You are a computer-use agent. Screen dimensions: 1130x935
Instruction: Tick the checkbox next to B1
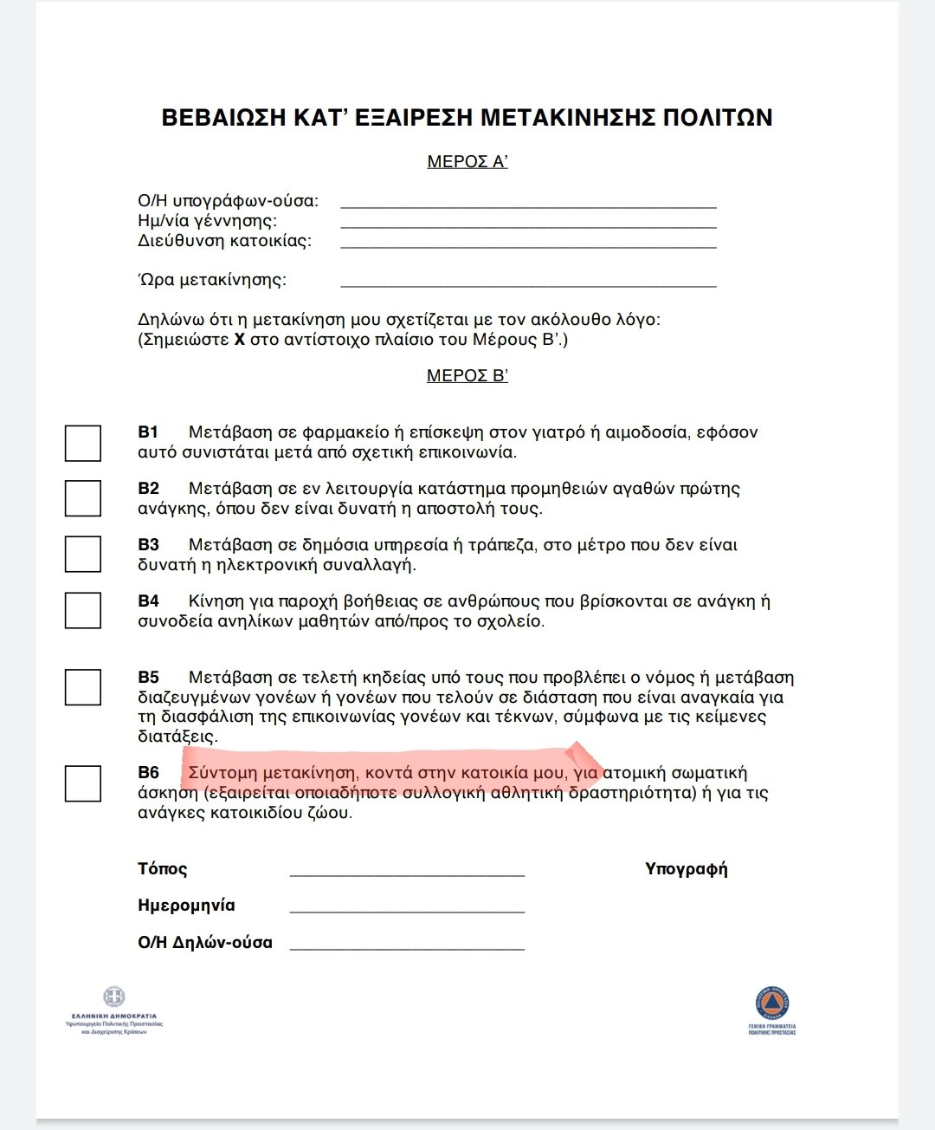click(x=83, y=443)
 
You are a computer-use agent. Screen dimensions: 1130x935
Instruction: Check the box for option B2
click(x=83, y=498)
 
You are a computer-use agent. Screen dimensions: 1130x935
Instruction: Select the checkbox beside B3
click(x=83, y=554)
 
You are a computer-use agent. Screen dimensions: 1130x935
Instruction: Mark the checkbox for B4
click(x=83, y=610)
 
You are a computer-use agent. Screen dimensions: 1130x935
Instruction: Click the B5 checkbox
click(x=83, y=687)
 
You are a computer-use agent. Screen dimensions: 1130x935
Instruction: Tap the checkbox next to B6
click(x=83, y=783)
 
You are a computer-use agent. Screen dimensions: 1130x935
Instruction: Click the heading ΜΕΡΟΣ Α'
click(x=467, y=162)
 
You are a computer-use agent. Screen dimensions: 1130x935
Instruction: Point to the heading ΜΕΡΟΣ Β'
click(x=467, y=376)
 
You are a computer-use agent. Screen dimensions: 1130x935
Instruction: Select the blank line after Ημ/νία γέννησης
click(x=528, y=225)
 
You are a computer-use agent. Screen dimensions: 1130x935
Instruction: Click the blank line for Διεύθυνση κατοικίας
click(x=528, y=245)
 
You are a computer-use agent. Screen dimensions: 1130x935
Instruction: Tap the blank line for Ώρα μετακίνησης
click(x=528, y=283)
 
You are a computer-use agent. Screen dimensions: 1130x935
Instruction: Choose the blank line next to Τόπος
click(x=407, y=873)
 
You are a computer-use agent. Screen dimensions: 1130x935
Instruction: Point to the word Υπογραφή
click(x=687, y=869)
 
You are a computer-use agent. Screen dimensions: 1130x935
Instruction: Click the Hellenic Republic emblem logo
click(x=114, y=997)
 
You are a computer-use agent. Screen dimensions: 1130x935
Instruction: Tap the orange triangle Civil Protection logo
click(x=772, y=1003)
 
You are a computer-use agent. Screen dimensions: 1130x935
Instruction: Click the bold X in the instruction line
click(x=240, y=340)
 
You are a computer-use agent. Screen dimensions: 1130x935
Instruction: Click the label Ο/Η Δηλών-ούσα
click(x=205, y=943)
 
